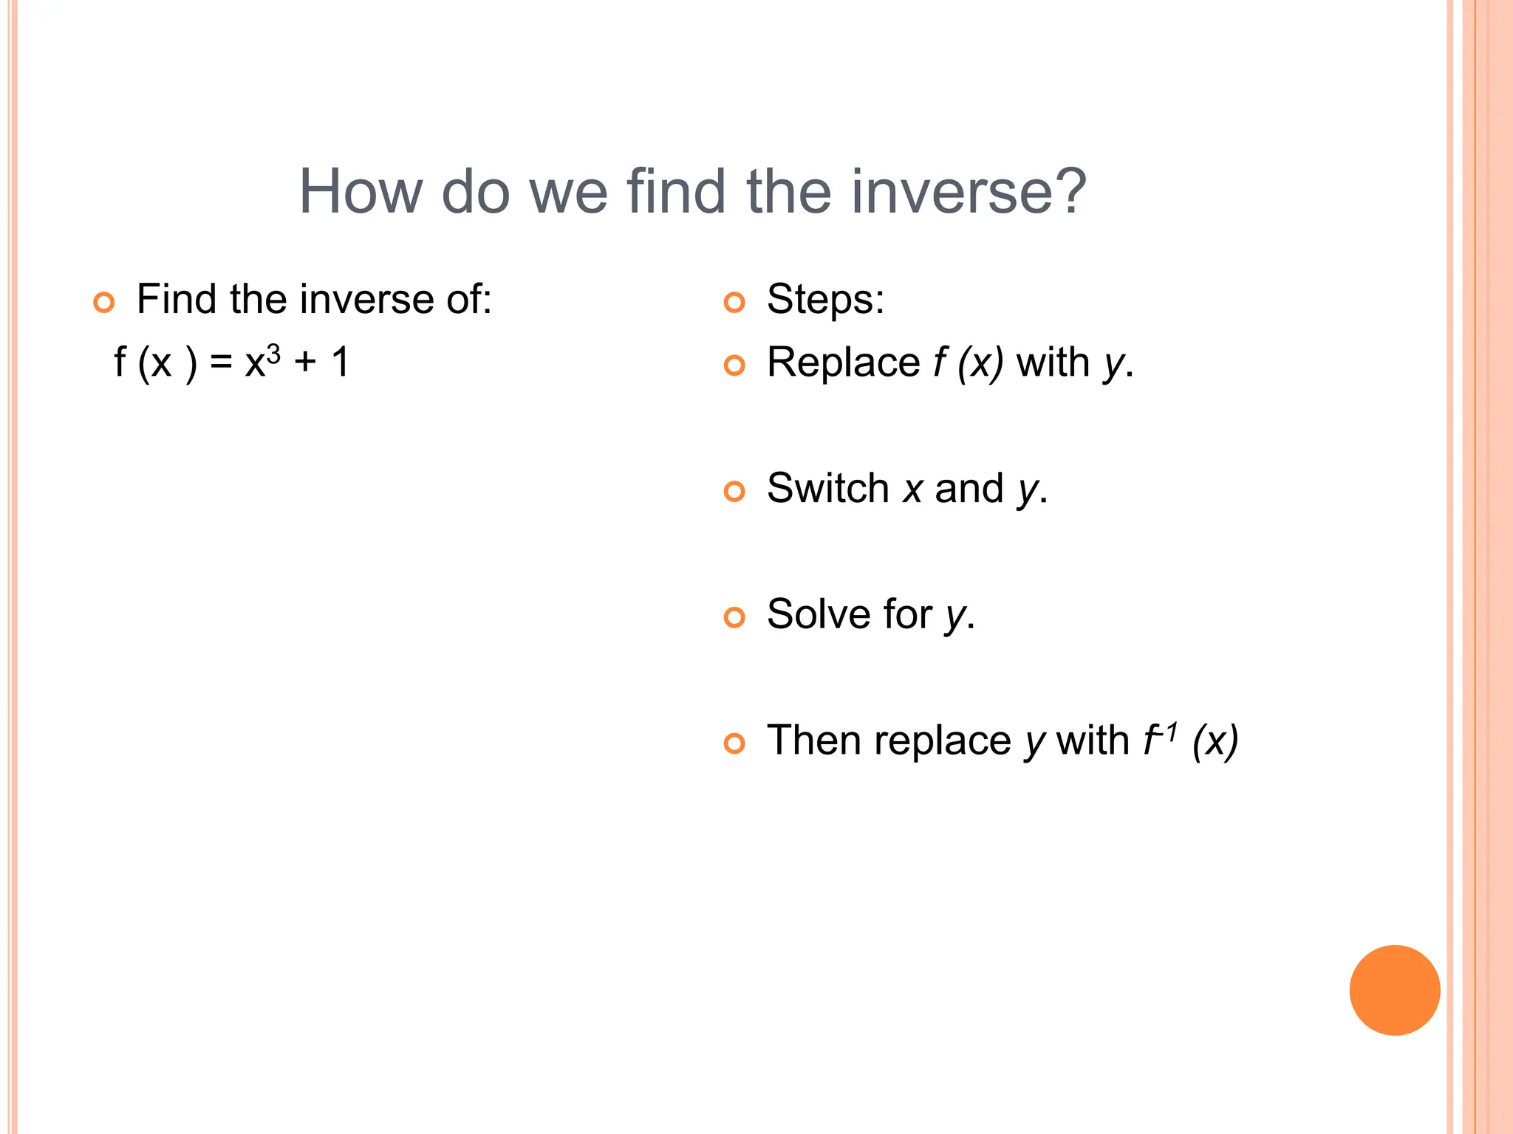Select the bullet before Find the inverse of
(x=104, y=302)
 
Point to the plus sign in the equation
(x=305, y=363)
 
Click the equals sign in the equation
(x=220, y=363)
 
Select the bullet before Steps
(x=734, y=302)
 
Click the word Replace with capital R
(x=843, y=362)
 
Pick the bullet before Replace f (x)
(x=734, y=365)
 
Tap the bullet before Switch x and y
(x=734, y=491)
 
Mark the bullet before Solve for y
(x=734, y=617)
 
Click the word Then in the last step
(x=813, y=740)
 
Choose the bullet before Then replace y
(x=734, y=743)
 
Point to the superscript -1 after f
(x=1169, y=732)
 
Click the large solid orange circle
(x=1394, y=990)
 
